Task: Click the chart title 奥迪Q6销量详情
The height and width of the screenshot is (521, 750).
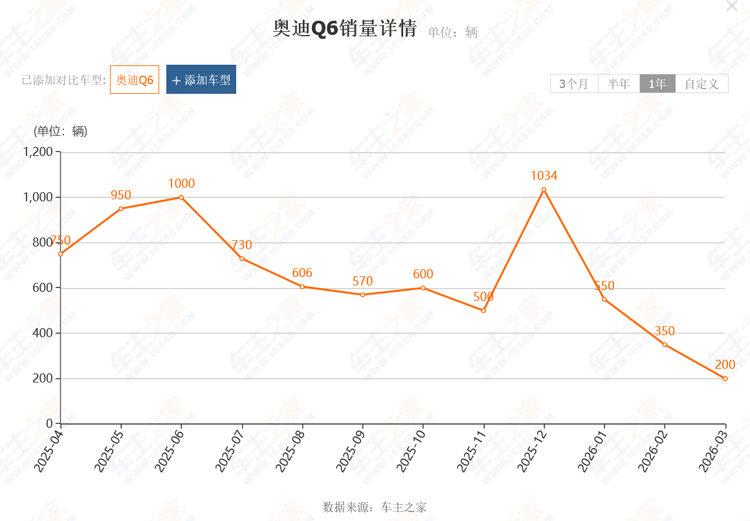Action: (x=344, y=29)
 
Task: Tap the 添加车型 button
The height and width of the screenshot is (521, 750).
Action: (x=201, y=80)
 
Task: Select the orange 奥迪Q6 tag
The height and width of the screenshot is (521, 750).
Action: (x=135, y=80)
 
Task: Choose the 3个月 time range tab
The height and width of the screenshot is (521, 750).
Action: (x=574, y=83)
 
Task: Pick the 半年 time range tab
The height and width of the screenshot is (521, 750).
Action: (x=619, y=83)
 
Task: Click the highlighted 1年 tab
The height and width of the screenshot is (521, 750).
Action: (x=657, y=83)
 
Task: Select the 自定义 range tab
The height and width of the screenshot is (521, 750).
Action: (x=701, y=83)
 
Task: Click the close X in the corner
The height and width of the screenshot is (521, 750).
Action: (x=732, y=6)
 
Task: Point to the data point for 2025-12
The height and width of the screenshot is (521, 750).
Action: (x=544, y=190)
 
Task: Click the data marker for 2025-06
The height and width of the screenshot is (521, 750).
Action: (x=181, y=197)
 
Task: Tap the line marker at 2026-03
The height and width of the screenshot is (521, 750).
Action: (x=725, y=379)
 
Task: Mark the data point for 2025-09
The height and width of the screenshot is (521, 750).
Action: (x=362, y=294)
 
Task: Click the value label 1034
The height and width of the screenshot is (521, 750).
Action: (x=544, y=175)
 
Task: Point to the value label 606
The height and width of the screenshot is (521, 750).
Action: (x=302, y=272)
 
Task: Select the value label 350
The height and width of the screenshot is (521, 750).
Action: (x=665, y=331)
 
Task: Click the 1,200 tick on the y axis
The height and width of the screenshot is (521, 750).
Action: (x=38, y=152)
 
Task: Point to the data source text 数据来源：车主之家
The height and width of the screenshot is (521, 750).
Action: (x=375, y=507)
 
